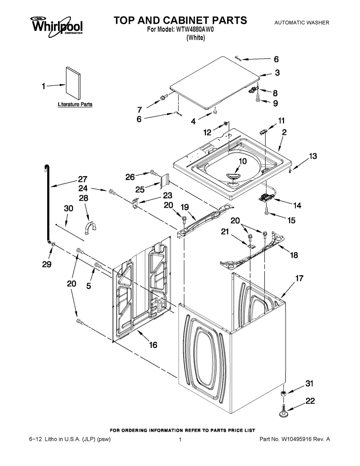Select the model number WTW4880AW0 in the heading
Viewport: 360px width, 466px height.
[195, 30]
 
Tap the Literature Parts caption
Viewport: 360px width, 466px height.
[75, 104]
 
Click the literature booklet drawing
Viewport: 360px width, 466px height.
[73, 83]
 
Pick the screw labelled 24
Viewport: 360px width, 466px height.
[113, 192]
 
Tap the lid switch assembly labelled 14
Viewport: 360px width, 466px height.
[265, 197]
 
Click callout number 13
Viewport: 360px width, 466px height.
[313, 156]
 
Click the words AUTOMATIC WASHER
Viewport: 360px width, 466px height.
[302, 23]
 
